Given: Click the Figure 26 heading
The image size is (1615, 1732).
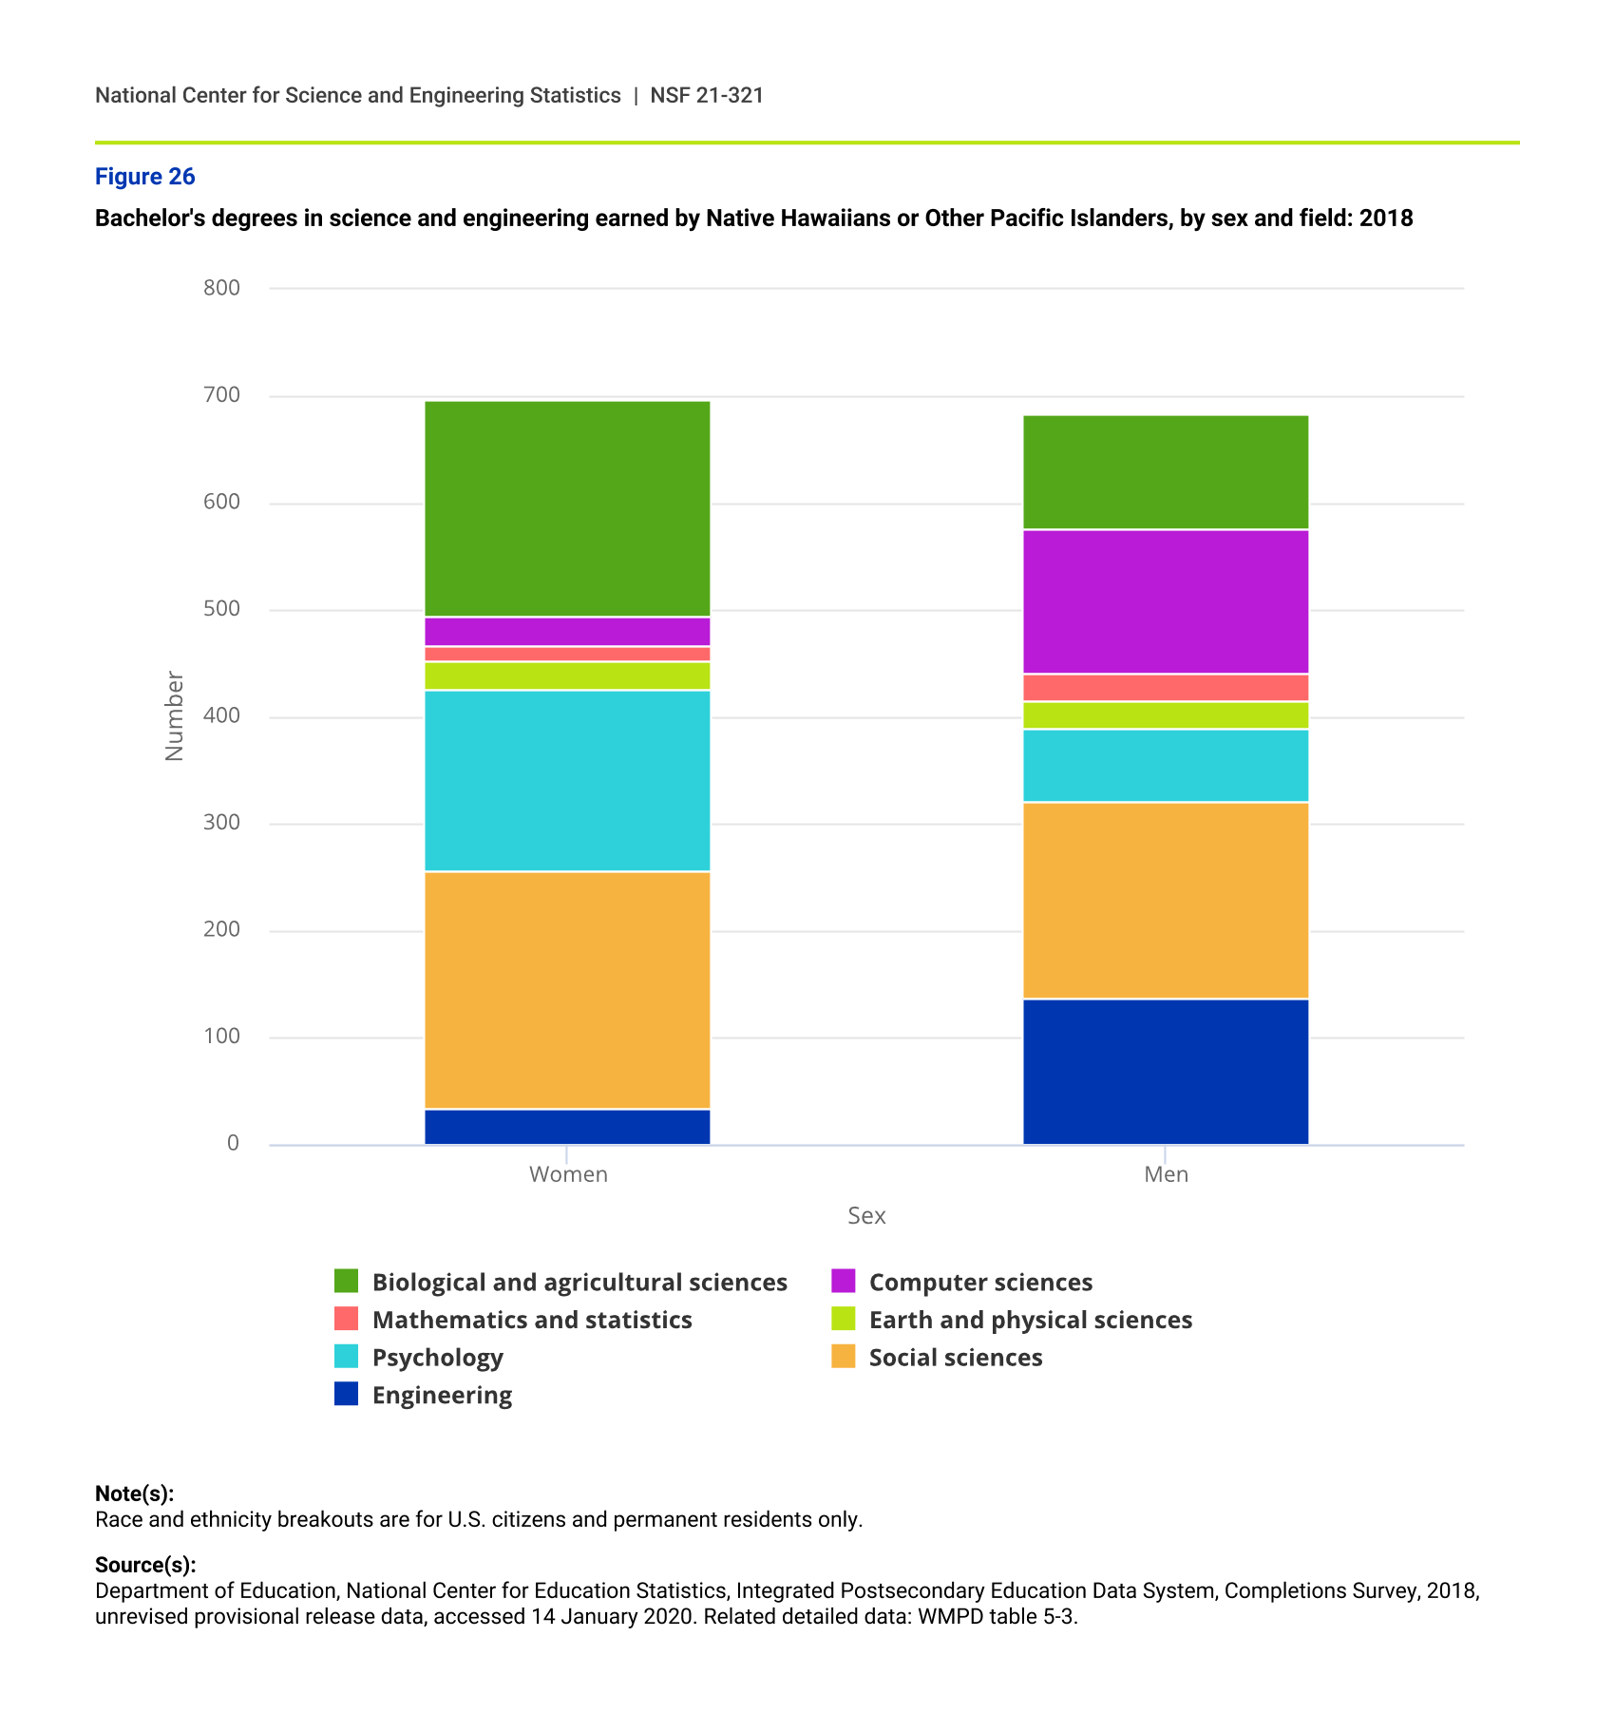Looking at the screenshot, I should (x=144, y=177).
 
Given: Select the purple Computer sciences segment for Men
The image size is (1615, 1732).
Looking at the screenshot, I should (x=1165, y=601).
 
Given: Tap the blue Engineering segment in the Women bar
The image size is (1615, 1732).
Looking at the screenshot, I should (x=566, y=1127).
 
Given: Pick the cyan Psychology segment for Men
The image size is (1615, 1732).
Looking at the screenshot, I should (x=1165, y=766).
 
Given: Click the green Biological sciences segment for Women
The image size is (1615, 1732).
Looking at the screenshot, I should (x=566, y=509).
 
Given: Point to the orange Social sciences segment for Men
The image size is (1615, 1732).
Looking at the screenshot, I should (x=1165, y=900).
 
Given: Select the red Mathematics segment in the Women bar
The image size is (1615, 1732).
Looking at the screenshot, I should (x=566, y=654).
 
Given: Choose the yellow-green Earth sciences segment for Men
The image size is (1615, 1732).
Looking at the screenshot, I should (x=1165, y=715).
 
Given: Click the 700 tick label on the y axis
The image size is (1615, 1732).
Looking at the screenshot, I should (x=221, y=395).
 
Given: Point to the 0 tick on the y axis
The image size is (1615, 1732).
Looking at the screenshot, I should (x=233, y=1144).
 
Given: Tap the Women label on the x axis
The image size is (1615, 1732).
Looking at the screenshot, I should (x=568, y=1174).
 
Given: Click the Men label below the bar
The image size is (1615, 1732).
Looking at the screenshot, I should (x=1166, y=1174).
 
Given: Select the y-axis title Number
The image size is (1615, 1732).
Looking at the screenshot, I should (x=174, y=715).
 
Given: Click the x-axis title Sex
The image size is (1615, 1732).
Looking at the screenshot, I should (x=866, y=1216).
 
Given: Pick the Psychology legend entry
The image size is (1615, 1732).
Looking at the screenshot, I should (x=437, y=1358).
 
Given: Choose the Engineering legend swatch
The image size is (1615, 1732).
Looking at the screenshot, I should (x=347, y=1395).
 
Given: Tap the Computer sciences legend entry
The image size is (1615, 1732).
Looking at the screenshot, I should (x=980, y=1283).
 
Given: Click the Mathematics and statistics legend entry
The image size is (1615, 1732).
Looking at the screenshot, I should (x=532, y=1320).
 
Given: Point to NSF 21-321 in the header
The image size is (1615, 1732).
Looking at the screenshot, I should (x=707, y=96).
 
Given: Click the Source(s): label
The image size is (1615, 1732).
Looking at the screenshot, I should (x=145, y=1565).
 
